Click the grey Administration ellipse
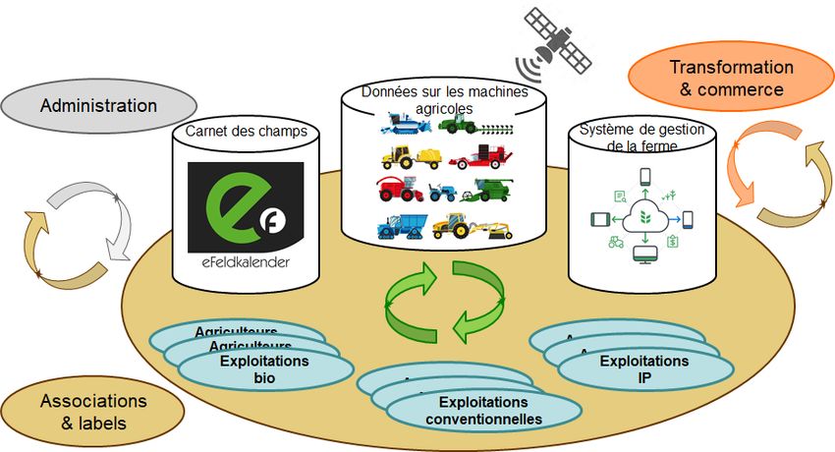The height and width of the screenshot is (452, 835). point(98,105)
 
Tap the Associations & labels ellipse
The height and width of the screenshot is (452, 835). point(92,413)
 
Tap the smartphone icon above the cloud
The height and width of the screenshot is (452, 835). point(645,178)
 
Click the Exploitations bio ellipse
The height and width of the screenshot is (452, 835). point(266,369)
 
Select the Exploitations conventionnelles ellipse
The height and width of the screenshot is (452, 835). point(482,412)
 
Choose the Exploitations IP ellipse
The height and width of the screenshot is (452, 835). point(644,368)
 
